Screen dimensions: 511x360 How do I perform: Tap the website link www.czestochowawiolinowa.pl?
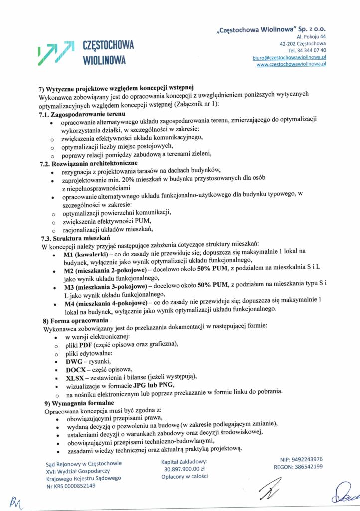(x=291, y=65)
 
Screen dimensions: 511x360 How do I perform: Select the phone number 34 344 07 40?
(x=307, y=50)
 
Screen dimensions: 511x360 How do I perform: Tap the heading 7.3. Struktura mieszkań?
(x=71, y=238)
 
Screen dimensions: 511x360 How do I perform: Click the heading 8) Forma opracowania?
(x=76, y=320)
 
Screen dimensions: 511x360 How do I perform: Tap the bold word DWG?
(x=76, y=361)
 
